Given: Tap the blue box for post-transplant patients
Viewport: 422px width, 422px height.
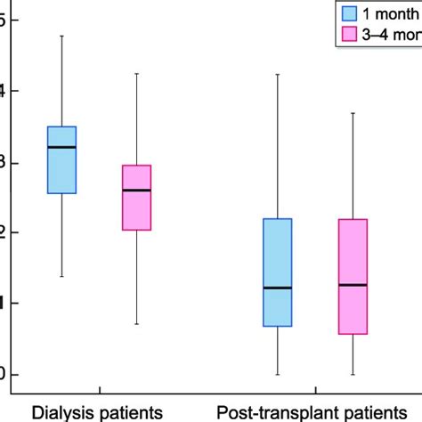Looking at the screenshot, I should (278, 272).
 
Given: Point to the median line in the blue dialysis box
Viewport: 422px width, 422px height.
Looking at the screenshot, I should (61, 147).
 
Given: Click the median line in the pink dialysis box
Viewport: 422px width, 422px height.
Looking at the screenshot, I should (136, 190).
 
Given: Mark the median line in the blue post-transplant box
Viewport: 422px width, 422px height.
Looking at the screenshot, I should (278, 288).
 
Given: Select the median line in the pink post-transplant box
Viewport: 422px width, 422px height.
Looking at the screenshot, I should (353, 285).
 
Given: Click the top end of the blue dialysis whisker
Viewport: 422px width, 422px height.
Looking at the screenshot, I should (61, 36).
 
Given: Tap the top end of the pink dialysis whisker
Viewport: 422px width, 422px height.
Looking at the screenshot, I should (136, 73).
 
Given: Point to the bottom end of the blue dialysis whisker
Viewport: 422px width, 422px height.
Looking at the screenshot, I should (61, 276).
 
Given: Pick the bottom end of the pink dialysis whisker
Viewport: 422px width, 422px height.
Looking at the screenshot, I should (136, 324).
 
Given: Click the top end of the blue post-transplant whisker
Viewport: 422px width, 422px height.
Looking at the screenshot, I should (278, 74).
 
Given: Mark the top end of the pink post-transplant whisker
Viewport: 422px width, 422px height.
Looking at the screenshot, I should (353, 113).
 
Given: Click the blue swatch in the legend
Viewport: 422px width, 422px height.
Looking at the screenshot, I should (351, 12).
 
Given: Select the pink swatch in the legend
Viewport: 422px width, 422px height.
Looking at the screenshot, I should (351, 35).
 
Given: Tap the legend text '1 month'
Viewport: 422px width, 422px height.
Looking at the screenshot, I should (394, 12).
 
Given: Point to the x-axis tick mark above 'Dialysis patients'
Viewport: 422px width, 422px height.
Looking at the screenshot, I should (99, 392).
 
